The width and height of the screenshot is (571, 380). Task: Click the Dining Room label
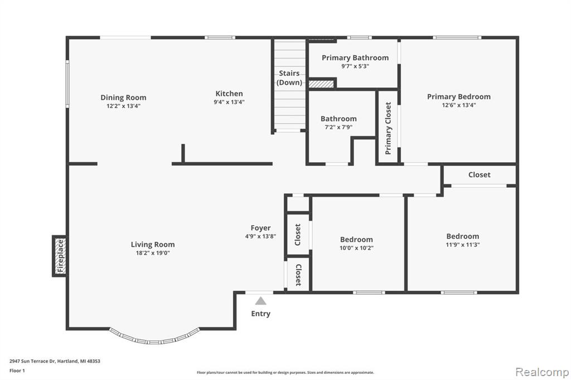(123, 98)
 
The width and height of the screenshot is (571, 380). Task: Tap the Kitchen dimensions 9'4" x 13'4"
(229, 103)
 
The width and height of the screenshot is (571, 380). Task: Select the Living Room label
(153, 245)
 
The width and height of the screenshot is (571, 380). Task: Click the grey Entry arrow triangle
(260, 301)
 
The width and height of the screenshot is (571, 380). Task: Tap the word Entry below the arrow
(261, 314)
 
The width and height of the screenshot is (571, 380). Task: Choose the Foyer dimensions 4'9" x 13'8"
(261, 237)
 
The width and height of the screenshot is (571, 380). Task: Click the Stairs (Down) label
(289, 78)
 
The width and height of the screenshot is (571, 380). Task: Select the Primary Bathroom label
(355, 58)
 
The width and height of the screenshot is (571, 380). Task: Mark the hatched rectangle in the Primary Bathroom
(321, 84)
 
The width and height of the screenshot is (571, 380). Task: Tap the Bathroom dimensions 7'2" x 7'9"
(338, 128)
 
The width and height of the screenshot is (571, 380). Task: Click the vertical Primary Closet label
(388, 128)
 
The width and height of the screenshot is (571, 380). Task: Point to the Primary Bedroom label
(459, 97)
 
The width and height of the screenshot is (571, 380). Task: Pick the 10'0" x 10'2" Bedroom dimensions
(356, 249)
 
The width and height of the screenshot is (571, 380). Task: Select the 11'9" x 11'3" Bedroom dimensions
(462, 245)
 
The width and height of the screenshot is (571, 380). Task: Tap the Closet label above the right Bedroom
(479, 175)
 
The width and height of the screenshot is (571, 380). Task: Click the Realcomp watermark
(542, 372)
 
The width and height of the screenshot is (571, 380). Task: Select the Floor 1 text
(17, 371)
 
